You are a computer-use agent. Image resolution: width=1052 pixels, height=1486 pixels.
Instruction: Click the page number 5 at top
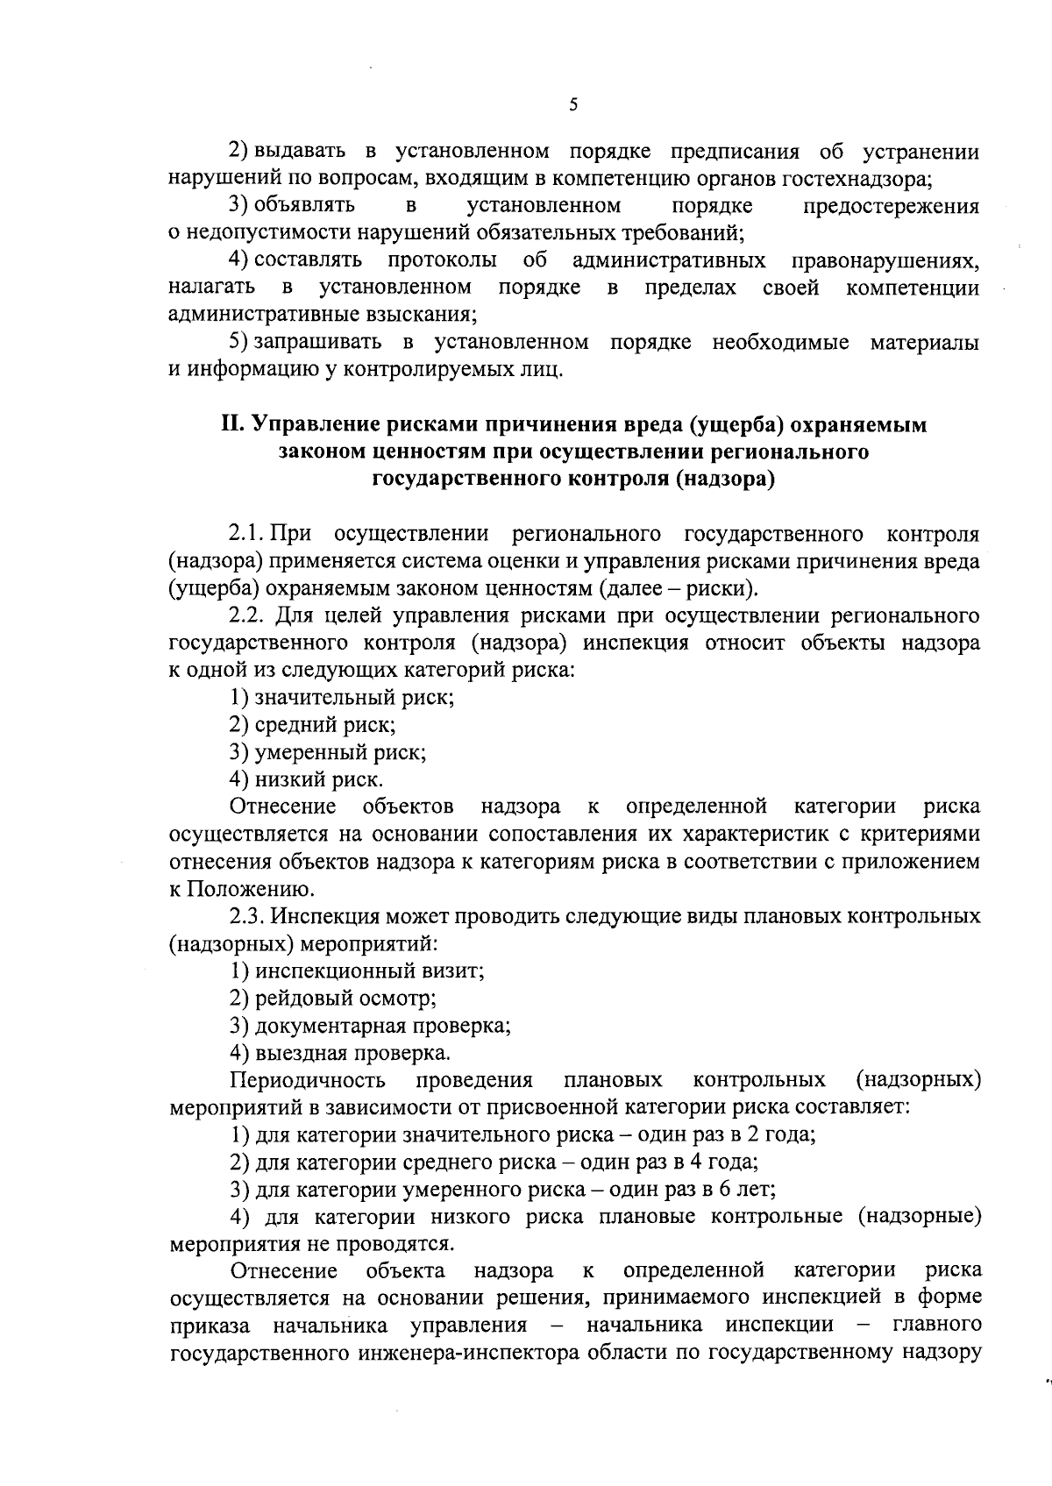pos(572,105)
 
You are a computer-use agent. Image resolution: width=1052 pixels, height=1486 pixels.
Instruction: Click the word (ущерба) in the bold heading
pos(734,424)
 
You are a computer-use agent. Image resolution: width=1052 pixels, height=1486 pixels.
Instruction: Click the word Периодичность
pos(308,1080)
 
